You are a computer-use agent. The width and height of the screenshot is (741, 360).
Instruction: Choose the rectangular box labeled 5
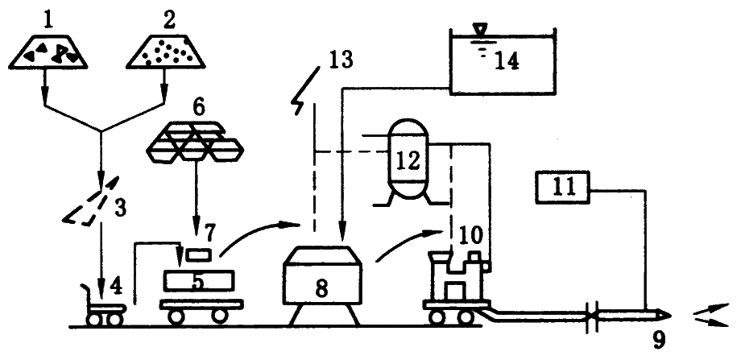coord(201,280)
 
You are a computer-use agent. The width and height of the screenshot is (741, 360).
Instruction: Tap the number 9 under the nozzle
coord(658,341)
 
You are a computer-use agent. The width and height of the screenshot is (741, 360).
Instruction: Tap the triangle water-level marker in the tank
coord(481,29)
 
